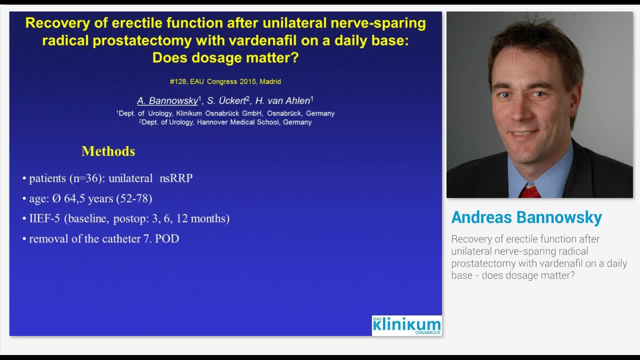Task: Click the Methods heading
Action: [108, 151]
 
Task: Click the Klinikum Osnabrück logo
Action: [406, 325]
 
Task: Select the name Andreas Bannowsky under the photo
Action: [526, 217]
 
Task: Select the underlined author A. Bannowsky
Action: [167, 100]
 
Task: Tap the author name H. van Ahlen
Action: [282, 100]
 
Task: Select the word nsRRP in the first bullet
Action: [176, 178]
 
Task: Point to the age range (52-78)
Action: [134, 198]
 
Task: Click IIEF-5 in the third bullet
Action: [44, 218]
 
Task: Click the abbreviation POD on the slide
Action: [167, 238]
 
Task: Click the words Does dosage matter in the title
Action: [225, 57]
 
